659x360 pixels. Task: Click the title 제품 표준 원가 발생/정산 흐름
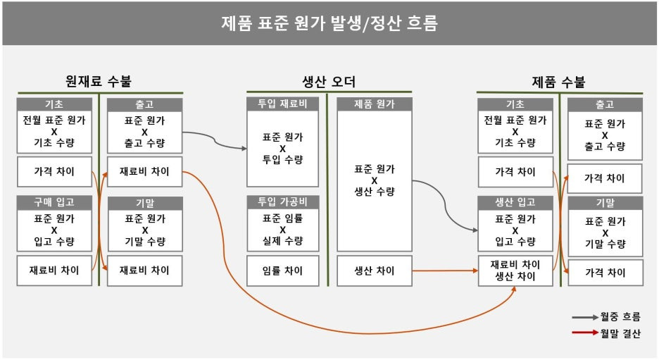coord(329,23)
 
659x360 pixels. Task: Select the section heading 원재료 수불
coord(99,82)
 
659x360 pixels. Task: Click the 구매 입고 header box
coord(54,203)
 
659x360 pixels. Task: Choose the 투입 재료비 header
coord(282,104)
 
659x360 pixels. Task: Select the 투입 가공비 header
coord(282,203)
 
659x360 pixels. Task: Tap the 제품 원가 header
coord(374,104)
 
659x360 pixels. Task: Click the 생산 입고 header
coord(515,203)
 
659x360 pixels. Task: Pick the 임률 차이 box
coord(282,271)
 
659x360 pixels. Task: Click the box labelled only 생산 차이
coord(374,271)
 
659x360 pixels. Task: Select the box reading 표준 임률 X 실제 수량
coord(282,230)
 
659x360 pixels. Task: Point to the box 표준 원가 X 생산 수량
coord(374,180)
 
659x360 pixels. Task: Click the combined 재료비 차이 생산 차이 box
coord(515,271)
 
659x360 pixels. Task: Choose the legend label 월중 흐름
coord(620,317)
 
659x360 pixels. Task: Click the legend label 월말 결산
coord(620,333)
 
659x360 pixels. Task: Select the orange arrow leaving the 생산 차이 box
coord(444,271)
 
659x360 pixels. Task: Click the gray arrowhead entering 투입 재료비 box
coord(244,149)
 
